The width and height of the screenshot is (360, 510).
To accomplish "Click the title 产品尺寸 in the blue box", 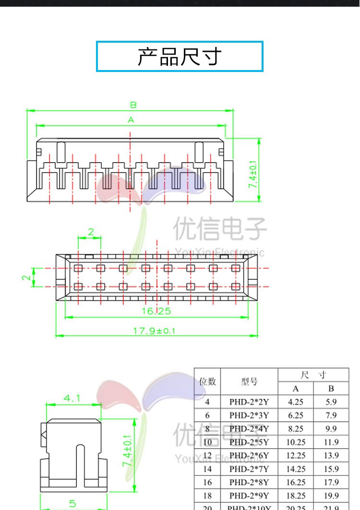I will coord(180,57).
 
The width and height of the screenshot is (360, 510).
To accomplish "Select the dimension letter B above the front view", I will coord(133,105).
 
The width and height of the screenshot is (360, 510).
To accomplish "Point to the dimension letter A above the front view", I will coord(131,120).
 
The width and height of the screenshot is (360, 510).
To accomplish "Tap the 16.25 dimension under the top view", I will coord(156,311).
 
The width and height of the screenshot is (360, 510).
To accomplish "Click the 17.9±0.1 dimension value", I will coord(155,331).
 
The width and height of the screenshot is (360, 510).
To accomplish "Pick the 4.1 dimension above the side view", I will coord(72,398).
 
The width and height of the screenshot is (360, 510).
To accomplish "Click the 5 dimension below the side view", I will coord(72,503).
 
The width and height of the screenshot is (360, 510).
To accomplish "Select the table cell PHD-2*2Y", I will coord(249,402).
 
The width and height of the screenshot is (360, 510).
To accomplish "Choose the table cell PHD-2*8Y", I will coord(249,482).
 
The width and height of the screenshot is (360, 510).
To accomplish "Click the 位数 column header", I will coord(207,381).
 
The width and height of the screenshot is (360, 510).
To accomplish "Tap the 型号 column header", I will coord(249,381).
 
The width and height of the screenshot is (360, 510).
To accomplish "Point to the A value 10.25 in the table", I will coord(296,442).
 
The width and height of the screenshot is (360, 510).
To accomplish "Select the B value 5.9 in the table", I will coord(331,402).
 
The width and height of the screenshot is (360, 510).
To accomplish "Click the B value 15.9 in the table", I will coord(331,469).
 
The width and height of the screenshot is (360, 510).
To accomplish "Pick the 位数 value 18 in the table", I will coord(207,496).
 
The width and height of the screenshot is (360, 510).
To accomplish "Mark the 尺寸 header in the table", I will coord(313,375).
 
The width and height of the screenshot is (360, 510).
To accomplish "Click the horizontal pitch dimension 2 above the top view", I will coord(91,232).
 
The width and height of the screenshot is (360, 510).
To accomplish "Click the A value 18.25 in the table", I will coord(296,496).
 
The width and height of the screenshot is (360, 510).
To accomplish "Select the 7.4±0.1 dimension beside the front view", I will coord(253,174).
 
